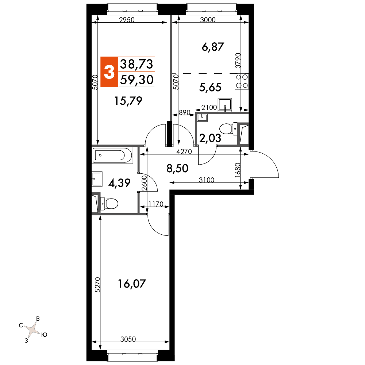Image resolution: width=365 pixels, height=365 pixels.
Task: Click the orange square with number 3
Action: point(109,72)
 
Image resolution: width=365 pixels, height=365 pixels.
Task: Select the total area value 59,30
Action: point(137,80)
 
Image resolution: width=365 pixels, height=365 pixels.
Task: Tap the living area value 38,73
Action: point(137,64)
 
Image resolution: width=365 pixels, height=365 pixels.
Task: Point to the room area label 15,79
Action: point(128,101)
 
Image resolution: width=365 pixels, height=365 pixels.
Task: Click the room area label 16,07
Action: point(132,284)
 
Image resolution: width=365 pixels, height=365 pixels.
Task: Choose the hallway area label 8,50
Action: point(177,168)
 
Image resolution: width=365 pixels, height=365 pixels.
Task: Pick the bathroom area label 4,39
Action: point(119,183)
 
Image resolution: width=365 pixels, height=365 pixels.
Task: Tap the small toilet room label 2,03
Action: point(210,138)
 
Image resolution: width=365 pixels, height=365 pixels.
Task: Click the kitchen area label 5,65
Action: point(210,88)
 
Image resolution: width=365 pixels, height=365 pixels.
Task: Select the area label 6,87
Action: point(213,47)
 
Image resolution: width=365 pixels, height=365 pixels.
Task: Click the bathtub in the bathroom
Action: point(112,155)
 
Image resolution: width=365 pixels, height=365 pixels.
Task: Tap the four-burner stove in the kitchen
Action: point(242,81)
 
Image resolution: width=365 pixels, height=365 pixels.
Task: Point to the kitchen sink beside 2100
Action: point(225,104)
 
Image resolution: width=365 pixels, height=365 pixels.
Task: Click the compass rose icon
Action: point(33,329)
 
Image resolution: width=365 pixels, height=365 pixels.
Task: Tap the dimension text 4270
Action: point(184,152)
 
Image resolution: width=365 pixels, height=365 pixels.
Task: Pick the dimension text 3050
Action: point(128,339)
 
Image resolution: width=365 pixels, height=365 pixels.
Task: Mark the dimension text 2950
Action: point(127,20)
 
